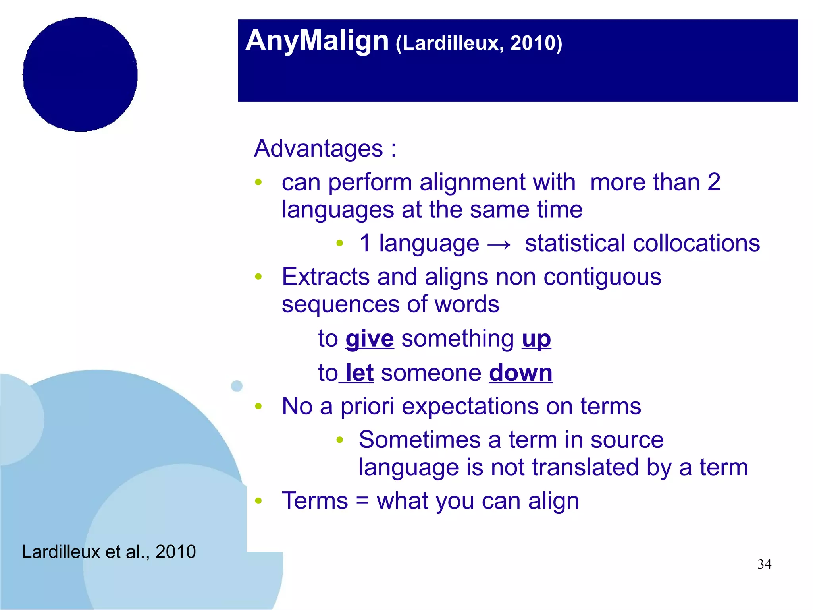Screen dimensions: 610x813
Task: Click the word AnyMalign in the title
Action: [317, 41]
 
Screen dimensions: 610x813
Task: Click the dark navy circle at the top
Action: [80, 74]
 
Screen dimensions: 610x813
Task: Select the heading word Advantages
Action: [318, 149]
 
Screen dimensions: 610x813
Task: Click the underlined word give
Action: [370, 339]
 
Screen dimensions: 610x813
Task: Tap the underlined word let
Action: [359, 373]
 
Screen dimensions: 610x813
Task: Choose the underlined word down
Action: [520, 373]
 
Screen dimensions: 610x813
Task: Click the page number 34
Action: [764, 564]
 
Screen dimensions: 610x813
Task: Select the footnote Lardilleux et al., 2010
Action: [109, 552]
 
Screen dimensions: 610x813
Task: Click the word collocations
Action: [696, 243]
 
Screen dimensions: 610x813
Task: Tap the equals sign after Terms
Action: [362, 501]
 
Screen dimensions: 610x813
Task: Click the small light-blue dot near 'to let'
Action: [237, 385]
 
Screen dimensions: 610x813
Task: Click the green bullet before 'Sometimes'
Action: [339, 440]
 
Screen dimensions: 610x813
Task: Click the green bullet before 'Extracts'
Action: [258, 277]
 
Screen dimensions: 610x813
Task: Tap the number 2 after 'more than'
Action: [713, 182]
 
